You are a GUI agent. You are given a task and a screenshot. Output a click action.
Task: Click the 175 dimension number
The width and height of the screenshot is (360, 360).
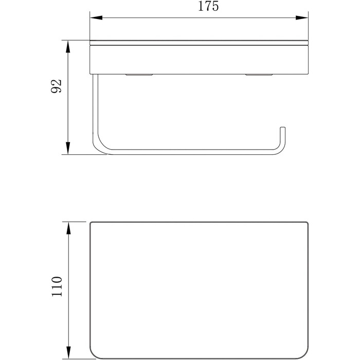click(x=208, y=6)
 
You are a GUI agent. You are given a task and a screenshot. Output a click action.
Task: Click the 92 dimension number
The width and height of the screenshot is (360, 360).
click(x=57, y=86)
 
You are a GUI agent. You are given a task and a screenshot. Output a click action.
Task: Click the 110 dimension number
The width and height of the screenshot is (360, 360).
click(x=57, y=286)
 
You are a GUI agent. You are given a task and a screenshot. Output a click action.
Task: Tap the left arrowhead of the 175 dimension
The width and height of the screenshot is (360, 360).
click(x=96, y=17)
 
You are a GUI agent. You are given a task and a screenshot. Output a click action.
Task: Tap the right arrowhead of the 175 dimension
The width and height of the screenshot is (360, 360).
click(x=302, y=17)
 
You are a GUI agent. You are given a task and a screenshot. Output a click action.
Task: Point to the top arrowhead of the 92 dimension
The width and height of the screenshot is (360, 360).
click(x=68, y=47)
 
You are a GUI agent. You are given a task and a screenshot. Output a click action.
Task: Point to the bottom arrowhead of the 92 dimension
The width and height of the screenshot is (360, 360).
click(x=68, y=148)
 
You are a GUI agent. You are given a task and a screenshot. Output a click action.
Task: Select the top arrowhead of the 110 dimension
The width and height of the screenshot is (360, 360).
click(x=68, y=228)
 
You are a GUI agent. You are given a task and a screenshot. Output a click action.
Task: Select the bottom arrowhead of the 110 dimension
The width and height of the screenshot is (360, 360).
click(x=68, y=352)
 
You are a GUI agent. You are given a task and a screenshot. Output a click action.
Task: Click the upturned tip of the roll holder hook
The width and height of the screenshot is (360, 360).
click(x=283, y=128)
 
